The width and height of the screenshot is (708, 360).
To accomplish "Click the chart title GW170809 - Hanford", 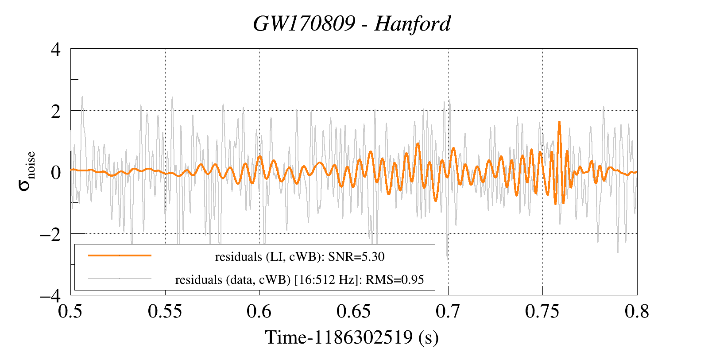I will pos(352,23).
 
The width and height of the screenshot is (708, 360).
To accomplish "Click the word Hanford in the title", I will pos(413,23).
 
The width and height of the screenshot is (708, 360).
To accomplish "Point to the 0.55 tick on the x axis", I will pos(165,311).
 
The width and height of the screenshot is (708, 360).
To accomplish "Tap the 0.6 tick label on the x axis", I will pos(259,311).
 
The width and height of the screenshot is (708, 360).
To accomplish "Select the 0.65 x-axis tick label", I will pos(354,311).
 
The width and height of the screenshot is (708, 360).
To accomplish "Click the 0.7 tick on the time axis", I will pos(448,311).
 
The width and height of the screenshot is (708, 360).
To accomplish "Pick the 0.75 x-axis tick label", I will pos(542,311).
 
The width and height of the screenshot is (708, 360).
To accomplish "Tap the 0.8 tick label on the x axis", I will pos(637,311).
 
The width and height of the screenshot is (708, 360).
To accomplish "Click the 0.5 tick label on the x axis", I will pos(71,311).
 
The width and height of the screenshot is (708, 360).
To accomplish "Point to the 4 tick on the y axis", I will pos(56,49).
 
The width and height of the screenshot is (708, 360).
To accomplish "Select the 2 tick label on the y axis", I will pos(56,111).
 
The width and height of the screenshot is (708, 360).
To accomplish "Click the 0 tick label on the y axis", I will pos(56,172).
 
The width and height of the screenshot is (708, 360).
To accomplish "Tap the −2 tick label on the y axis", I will pos(50,234).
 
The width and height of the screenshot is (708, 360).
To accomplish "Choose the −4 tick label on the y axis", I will pos(50,295).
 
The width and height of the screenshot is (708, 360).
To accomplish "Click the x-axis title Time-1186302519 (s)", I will pos(352,337).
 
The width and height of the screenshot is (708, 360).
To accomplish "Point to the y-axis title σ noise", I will pos(27,172).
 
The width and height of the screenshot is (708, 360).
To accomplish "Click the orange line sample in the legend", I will pos(120,255).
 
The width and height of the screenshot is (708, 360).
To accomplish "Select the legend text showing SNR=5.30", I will pos(300,257).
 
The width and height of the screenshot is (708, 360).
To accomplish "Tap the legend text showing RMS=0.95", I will pos(300,280).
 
